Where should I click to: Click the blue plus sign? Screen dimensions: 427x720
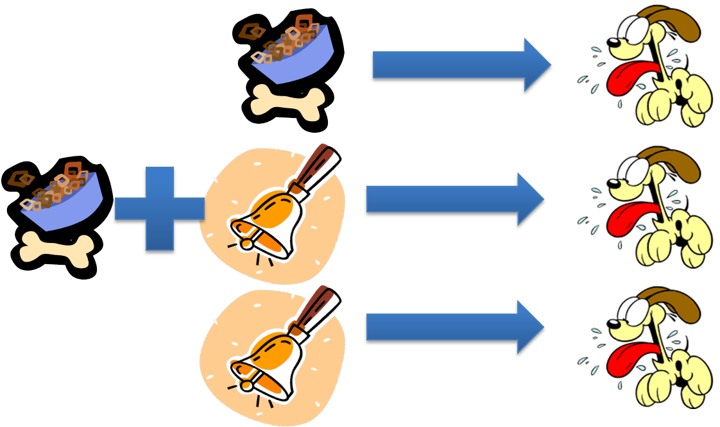(160, 208)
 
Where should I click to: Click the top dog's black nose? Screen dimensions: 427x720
(613, 42)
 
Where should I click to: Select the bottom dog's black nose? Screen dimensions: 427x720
(613, 324)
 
